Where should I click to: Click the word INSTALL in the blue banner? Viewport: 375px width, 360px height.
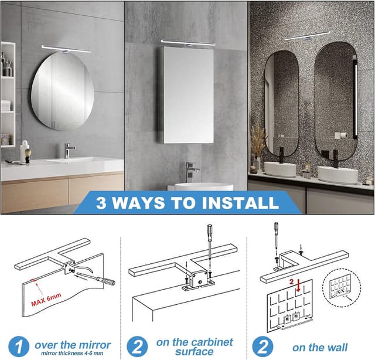[240, 203]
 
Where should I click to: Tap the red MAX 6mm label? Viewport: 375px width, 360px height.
[46, 299]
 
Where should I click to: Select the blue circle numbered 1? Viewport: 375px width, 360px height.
[19, 347]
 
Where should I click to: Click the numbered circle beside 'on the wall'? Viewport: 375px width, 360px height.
[262, 347]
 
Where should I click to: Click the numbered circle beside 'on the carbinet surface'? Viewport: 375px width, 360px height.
[137, 347]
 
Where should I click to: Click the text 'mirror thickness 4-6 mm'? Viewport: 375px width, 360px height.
[72, 354]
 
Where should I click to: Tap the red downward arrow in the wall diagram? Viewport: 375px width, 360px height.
[298, 286]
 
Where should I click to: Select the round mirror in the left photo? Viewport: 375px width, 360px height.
[63, 91]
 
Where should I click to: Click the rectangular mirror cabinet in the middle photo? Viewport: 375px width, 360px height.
[186, 95]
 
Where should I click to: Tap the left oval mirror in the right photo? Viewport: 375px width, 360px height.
[281, 103]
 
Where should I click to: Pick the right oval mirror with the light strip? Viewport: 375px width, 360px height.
[336, 101]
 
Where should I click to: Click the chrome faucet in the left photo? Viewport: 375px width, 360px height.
[68, 150]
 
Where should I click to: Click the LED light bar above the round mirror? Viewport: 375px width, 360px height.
[66, 49]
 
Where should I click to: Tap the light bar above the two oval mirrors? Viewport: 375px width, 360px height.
[308, 36]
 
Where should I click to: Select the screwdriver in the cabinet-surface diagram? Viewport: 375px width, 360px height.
[210, 242]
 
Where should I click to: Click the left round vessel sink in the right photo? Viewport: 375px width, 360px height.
[280, 169]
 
